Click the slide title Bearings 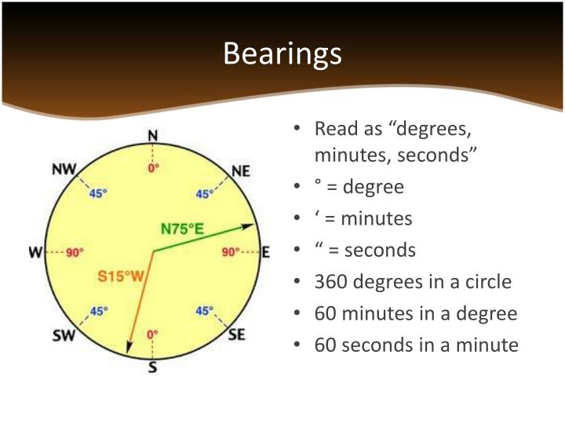(x=282, y=54)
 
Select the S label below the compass (x=152, y=367)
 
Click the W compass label (x=35, y=252)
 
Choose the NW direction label (x=64, y=170)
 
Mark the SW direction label (x=64, y=336)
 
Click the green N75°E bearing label (x=182, y=229)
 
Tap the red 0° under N (x=153, y=166)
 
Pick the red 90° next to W (x=74, y=253)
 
